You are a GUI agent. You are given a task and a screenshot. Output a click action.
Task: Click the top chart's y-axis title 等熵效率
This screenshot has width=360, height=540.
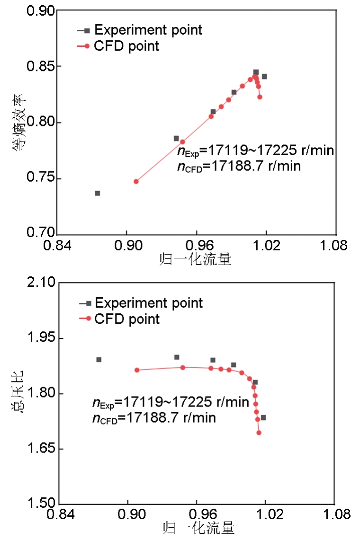(18, 123)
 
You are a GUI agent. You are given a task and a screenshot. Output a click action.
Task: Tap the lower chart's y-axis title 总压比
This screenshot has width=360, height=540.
(18, 393)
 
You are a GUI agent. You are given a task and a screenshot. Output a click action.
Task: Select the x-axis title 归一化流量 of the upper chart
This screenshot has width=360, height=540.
(197, 259)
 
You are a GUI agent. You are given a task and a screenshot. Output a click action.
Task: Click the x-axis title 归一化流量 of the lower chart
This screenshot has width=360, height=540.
(199, 527)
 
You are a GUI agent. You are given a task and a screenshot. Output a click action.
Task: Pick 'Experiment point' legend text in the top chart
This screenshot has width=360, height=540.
(148, 30)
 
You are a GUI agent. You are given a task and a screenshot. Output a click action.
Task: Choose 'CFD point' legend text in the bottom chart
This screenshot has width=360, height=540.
(127, 319)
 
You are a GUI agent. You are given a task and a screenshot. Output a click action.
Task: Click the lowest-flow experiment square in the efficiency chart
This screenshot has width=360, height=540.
(98, 193)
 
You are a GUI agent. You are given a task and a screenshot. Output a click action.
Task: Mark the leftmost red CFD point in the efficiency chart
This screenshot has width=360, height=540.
(136, 181)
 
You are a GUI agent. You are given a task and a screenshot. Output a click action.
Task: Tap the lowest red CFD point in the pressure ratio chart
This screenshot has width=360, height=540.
(259, 433)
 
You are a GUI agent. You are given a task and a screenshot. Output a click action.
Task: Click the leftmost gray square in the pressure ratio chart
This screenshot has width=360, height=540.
(99, 360)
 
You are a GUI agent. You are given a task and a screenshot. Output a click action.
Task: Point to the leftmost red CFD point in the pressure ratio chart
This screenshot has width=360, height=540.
(137, 370)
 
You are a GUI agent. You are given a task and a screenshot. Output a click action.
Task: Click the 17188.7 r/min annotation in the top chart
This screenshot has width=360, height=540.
(239, 166)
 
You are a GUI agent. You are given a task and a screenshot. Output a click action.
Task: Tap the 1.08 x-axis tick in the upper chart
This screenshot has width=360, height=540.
(336, 246)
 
